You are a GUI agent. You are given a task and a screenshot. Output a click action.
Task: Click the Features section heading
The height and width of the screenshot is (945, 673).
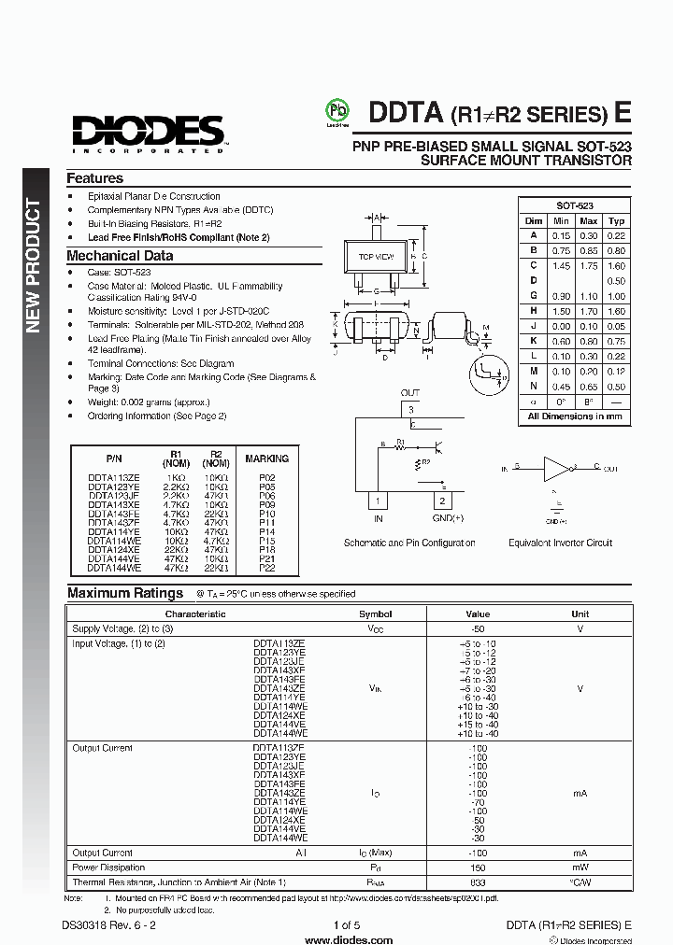click(x=94, y=178)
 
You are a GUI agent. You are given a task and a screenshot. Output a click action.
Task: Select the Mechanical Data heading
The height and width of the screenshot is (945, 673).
click(x=120, y=256)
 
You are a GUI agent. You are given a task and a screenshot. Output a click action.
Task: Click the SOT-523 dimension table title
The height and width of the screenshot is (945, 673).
click(x=575, y=205)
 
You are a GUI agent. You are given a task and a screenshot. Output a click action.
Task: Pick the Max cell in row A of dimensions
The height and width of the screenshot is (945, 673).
click(x=589, y=236)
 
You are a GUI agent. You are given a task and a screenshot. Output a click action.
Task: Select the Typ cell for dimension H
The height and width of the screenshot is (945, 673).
click(x=616, y=311)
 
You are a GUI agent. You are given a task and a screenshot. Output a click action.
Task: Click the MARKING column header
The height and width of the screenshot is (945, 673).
click(x=266, y=458)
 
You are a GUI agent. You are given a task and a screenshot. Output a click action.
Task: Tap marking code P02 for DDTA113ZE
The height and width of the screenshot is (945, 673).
click(x=266, y=477)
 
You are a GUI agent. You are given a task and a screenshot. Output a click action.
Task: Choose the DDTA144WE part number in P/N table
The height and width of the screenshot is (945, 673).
click(x=114, y=567)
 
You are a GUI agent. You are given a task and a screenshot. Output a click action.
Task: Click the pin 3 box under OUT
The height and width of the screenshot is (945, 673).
click(x=409, y=409)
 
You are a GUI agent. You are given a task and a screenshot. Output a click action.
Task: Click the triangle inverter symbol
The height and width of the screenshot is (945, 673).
click(x=557, y=467)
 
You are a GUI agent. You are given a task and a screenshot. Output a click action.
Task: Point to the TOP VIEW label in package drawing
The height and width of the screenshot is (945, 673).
click(x=376, y=256)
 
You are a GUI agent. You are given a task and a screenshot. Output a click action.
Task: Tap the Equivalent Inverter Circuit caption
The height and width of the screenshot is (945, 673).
click(x=560, y=543)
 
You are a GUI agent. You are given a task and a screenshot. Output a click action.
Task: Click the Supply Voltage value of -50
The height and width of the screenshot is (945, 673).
click(x=478, y=628)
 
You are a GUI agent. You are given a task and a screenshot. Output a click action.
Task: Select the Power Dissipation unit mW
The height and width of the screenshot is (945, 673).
click(x=580, y=867)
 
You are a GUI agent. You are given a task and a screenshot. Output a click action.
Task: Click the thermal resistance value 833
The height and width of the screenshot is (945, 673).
click(x=478, y=882)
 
